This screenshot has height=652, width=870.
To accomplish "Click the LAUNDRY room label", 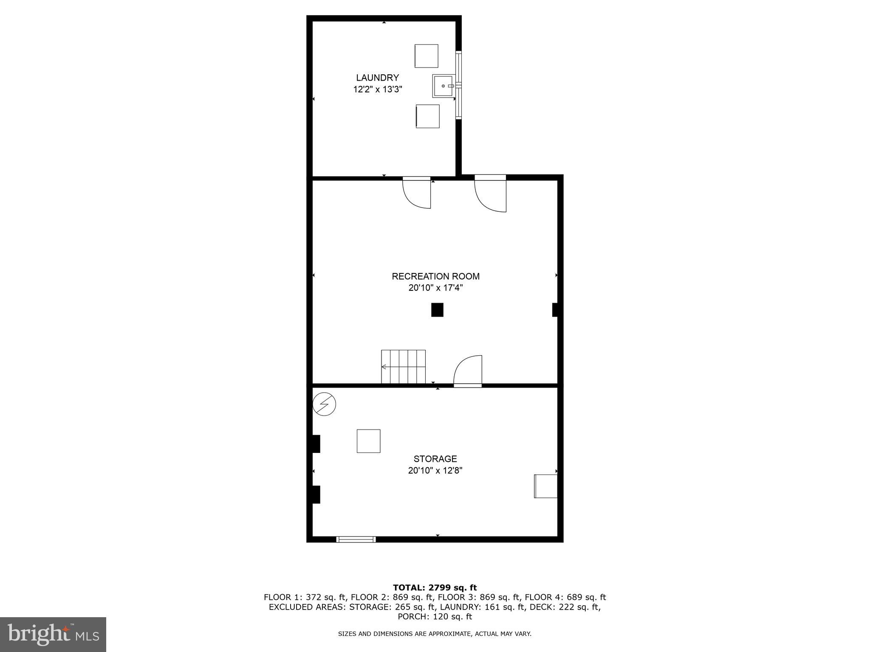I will click(x=377, y=78).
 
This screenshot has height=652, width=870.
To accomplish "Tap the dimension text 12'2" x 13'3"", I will click(x=377, y=90).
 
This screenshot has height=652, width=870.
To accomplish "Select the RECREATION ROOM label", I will click(x=435, y=276).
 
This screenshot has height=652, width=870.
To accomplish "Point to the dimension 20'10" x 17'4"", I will click(x=435, y=288).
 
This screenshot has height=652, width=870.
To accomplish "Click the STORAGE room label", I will click(x=435, y=459).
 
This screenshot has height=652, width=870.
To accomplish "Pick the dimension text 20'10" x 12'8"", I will click(x=435, y=470).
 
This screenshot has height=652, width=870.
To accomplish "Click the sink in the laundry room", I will click(x=443, y=86).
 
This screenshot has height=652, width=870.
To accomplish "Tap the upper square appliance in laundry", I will click(x=426, y=56).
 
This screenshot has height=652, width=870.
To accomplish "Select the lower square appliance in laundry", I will click(x=427, y=116).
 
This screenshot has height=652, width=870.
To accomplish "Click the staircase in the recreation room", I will click(x=403, y=367).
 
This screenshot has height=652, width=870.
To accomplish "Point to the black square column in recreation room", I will click(x=437, y=309).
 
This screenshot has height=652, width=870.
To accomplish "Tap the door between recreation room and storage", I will click(x=468, y=372).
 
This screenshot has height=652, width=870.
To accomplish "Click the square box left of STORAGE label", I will click(x=368, y=441).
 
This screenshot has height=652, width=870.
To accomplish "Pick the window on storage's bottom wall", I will click(x=356, y=540).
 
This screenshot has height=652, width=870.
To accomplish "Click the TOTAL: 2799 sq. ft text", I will click(x=435, y=587).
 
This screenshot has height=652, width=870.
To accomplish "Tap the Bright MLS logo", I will click(x=53, y=634).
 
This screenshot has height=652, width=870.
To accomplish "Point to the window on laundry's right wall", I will click(x=458, y=85).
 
